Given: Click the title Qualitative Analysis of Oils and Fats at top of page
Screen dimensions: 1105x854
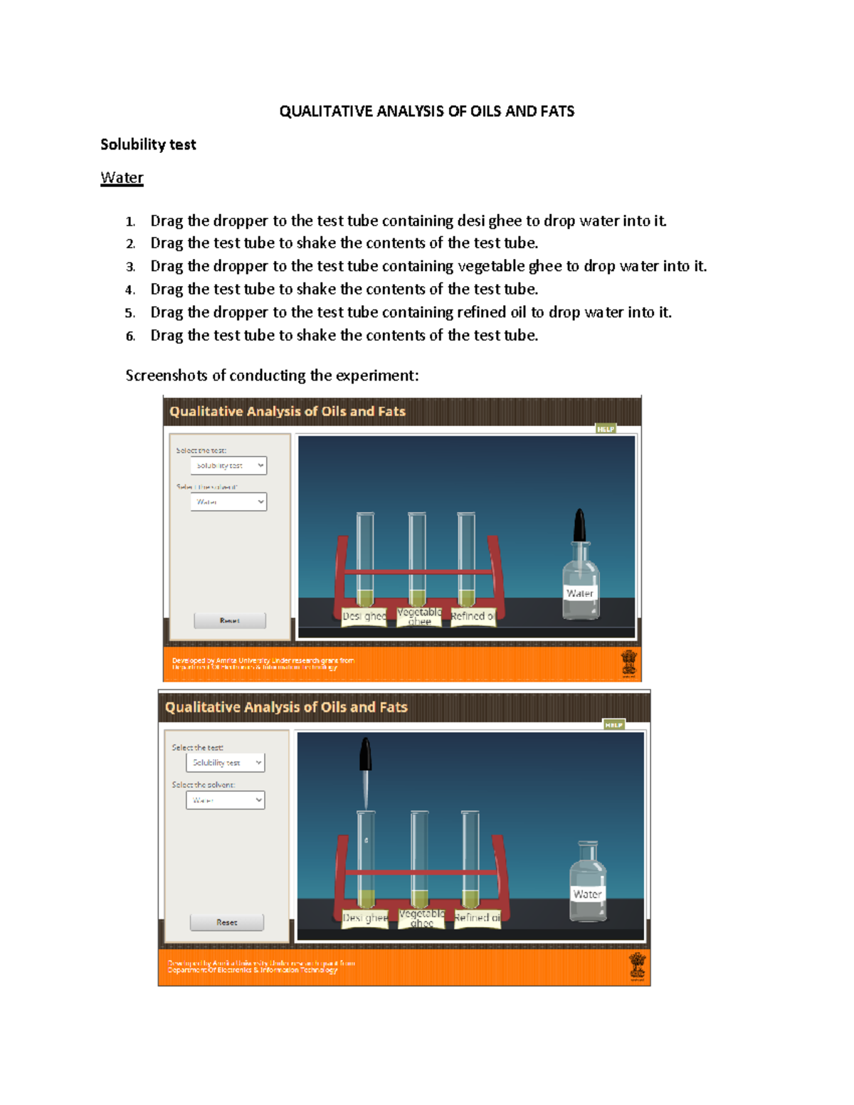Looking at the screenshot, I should point(426,111).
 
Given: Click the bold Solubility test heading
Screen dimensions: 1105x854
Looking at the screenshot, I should point(148,144).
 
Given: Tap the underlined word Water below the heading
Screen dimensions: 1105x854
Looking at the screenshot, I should point(122,178).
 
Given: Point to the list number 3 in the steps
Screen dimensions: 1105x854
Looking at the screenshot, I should point(130,267).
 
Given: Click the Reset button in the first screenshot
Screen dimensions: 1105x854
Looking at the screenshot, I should point(229,620).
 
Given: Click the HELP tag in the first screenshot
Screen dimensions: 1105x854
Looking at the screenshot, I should point(606,429).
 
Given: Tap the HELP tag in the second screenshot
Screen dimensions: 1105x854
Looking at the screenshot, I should point(613,725).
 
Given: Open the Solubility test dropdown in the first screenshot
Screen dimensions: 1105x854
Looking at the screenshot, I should point(228,465).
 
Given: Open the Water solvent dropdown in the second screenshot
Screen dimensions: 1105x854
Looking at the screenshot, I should point(225,800).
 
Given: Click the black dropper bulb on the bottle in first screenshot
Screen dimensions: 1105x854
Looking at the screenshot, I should point(580,525).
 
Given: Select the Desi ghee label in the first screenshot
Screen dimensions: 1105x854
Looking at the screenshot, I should point(364,616).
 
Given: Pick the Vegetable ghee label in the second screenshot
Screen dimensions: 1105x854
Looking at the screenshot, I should point(421,918).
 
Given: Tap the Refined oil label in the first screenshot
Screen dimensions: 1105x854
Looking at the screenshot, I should point(473,616).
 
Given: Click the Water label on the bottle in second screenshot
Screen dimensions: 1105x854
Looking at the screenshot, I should point(587,894).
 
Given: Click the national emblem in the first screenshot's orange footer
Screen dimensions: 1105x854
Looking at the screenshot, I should point(629,663).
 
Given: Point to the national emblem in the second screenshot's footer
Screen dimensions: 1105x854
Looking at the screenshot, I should point(637,967).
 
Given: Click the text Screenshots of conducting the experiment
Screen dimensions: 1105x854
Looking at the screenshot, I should point(272,376).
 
